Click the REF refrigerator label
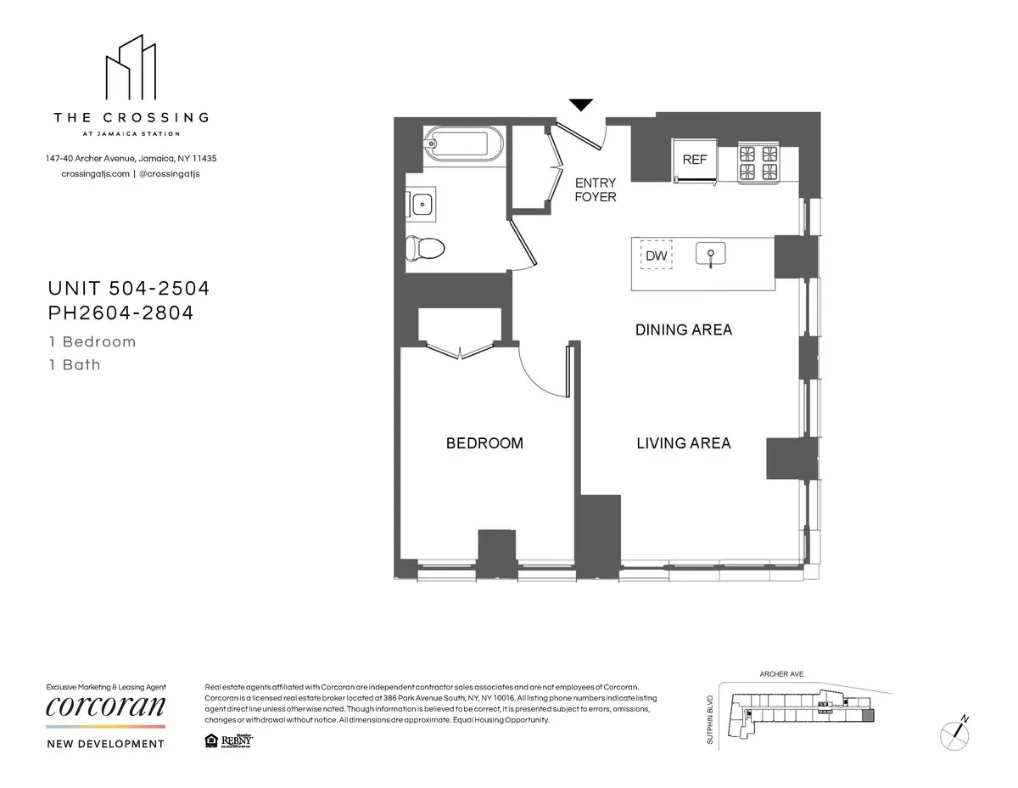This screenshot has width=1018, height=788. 695,160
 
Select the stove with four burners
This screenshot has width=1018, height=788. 758,162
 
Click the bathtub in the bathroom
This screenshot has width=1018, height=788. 463,145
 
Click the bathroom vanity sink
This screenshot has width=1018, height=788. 422,204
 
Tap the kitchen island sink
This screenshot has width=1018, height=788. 711,254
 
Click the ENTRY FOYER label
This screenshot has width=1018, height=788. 596,189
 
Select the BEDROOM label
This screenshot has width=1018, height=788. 484,443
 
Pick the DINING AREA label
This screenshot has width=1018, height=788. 683,329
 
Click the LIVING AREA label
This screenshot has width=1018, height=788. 683,443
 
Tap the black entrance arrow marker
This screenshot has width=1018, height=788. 580,105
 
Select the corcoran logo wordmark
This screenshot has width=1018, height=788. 105,706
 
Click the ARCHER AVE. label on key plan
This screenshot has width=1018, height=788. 780,673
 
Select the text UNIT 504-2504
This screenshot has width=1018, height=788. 127,289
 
